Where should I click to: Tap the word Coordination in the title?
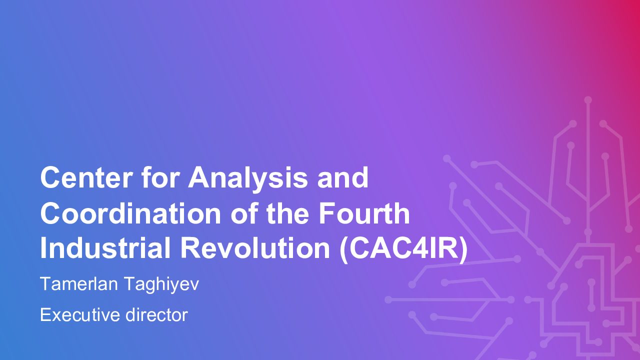[130, 213]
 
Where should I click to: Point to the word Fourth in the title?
[364, 213]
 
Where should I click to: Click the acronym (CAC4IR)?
[403, 249]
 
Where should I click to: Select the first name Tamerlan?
[79, 283]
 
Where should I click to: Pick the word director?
[156, 315]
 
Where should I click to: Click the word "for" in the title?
[160, 177]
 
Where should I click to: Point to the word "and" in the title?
[343, 177]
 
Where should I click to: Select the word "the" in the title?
[287, 213]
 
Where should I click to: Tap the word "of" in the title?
[243, 213]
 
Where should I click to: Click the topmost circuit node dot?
[587, 100]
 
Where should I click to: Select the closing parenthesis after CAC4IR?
[463, 249]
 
